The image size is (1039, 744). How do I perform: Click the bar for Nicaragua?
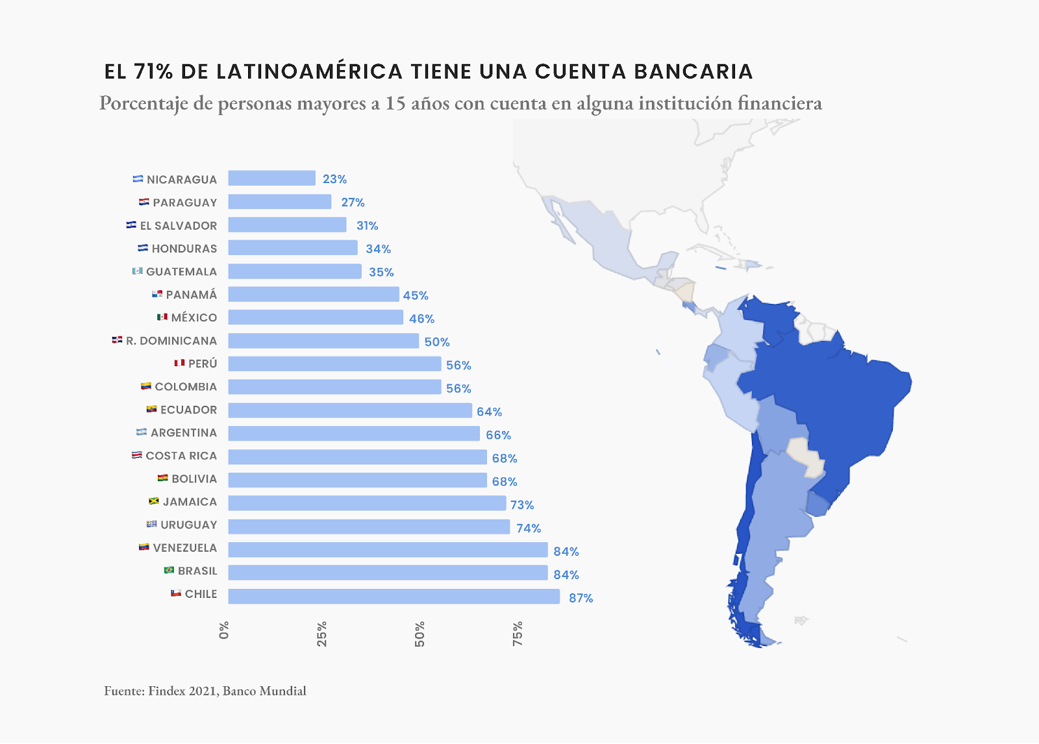pyautogui.click(x=271, y=179)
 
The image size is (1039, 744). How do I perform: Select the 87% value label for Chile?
pyautogui.click(x=581, y=598)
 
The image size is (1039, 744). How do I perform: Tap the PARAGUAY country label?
pyautogui.click(x=184, y=203)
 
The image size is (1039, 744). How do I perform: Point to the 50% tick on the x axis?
pyautogui.click(x=419, y=634)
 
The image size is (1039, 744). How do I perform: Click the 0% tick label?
pyautogui.click(x=224, y=630)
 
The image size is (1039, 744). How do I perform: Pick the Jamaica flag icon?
pyautogui.click(x=154, y=501)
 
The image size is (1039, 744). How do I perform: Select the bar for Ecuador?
pyautogui.click(x=349, y=410)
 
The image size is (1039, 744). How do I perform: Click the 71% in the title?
pyautogui.click(x=153, y=71)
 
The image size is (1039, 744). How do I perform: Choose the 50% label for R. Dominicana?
pyautogui.click(x=436, y=342)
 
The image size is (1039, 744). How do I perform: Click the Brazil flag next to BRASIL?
pyautogui.click(x=169, y=570)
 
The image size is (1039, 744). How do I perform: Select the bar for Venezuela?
pyautogui.click(x=388, y=550)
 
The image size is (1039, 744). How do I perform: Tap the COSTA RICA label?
pyautogui.click(x=181, y=456)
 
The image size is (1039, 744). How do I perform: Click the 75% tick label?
pyautogui.click(x=517, y=634)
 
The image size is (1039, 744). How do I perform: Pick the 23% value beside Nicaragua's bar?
pyautogui.click(x=334, y=179)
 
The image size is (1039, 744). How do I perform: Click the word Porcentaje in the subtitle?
pyautogui.click(x=143, y=103)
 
